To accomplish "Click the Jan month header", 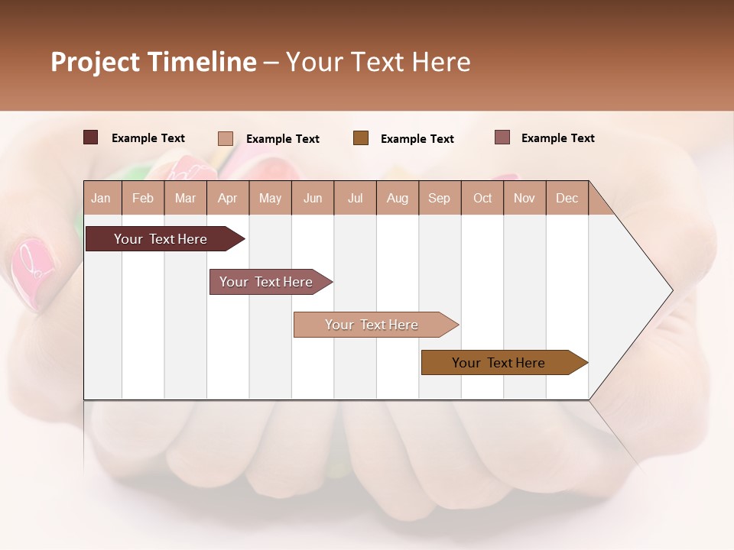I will (102, 198).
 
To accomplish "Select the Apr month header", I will (228, 198).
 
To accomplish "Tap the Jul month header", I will (355, 198).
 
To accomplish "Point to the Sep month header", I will (440, 198).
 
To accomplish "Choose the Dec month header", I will (567, 198).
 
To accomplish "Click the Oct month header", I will (482, 198).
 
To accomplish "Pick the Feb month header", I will (143, 198).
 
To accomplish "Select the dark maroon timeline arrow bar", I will (161, 239).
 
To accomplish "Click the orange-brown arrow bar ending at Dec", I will (499, 363).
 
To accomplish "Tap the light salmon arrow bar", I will (372, 325).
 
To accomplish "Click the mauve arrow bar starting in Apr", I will (267, 282).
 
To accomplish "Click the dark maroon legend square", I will (91, 137).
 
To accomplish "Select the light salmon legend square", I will (226, 138).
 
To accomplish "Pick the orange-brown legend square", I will (361, 137).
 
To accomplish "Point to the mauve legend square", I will (502, 137).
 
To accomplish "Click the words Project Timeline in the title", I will (153, 62).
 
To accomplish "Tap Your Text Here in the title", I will (378, 62).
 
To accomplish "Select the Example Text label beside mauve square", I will (557, 138).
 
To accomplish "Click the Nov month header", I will (525, 198).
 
